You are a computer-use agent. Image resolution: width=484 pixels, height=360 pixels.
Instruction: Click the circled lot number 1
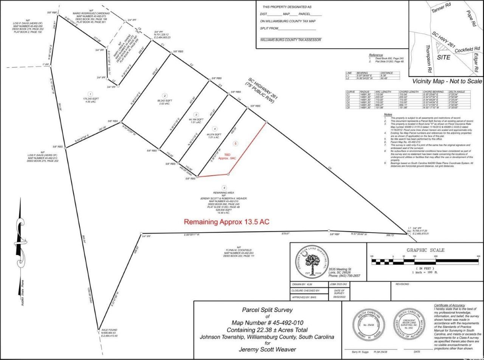90,94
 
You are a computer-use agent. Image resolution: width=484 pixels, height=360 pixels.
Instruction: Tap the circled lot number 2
164,96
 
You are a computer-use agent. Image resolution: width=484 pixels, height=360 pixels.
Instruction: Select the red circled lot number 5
236,144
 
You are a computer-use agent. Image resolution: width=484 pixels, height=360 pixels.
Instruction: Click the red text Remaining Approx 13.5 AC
226,222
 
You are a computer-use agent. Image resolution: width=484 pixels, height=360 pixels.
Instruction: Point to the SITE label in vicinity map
444,57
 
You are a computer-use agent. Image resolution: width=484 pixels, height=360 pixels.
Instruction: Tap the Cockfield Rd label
467,49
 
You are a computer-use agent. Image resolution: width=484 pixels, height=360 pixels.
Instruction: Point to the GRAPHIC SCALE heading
425,250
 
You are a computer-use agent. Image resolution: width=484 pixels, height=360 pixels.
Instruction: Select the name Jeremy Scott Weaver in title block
267,349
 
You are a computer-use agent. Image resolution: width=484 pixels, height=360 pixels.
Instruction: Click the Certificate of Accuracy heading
450,305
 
